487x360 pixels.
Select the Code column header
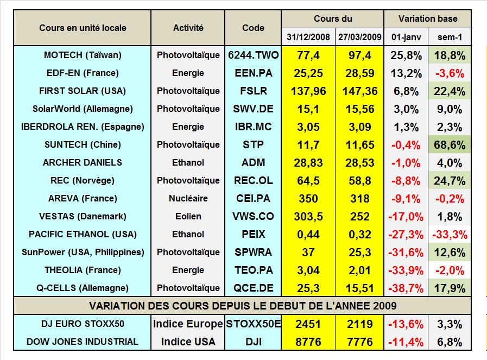tap(253, 28)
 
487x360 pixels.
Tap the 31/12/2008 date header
tap(308, 37)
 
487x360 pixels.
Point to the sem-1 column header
tap(450, 37)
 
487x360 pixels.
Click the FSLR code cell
tap(253, 91)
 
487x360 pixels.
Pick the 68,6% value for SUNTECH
tap(450, 144)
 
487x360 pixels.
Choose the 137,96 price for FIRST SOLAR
tap(308, 91)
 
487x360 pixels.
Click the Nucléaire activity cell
tap(188, 198)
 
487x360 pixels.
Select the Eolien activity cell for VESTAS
tap(188, 216)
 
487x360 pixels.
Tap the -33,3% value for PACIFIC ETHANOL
tap(450, 234)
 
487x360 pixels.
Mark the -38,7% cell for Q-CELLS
tap(407, 288)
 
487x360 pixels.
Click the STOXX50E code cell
tap(253, 324)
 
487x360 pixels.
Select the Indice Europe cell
tap(188, 324)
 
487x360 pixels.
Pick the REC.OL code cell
tap(253, 180)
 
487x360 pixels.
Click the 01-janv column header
tap(407, 37)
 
